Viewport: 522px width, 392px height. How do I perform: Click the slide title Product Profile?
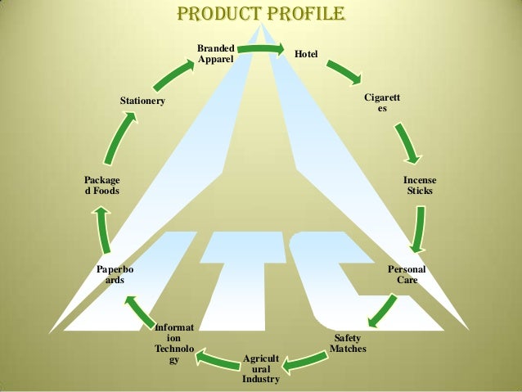(261, 15)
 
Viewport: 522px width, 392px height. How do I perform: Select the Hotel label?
(307, 54)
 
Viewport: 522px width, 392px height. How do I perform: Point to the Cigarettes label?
(382, 103)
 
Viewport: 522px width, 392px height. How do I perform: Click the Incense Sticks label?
(420, 185)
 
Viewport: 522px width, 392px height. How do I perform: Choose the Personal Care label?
(407, 274)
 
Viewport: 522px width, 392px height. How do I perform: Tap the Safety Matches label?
(348, 344)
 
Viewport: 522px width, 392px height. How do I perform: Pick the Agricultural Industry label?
(261, 369)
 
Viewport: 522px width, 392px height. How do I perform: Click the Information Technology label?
(173, 343)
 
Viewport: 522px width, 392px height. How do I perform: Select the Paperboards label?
(115, 274)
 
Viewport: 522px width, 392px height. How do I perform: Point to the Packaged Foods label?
(101, 185)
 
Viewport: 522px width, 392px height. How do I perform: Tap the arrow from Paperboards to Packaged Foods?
(101, 229)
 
